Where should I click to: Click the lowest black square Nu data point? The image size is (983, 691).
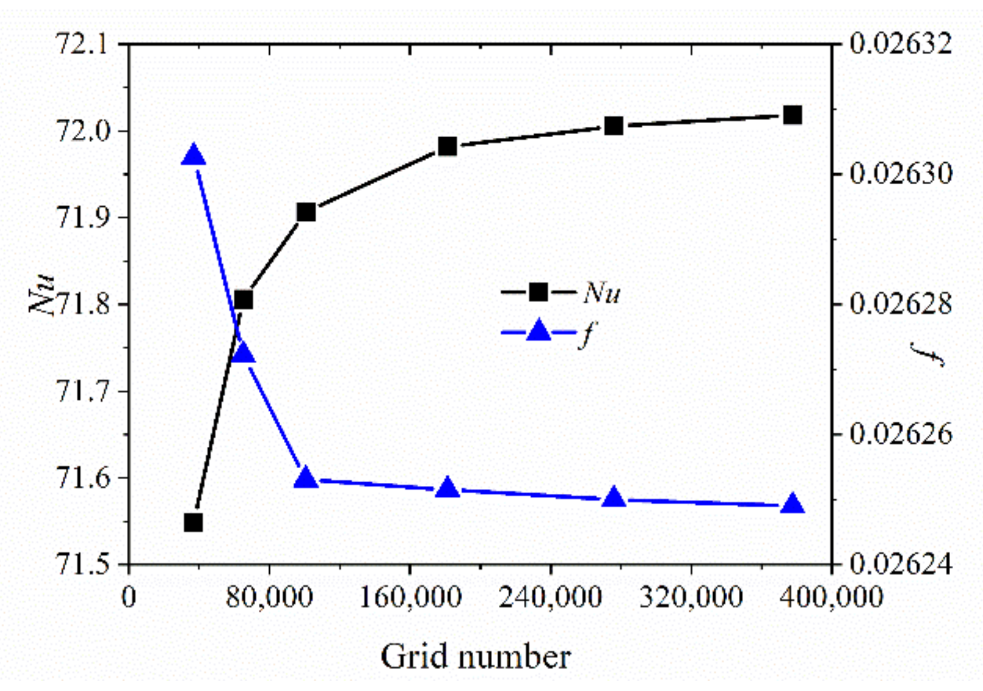tap(194, 522)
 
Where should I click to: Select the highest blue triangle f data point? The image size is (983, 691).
tap(194, 156)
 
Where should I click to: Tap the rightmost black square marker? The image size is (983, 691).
tap(793, 115)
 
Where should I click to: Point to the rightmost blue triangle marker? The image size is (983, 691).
tap(793, 505)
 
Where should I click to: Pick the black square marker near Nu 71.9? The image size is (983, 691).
tap(306, 212)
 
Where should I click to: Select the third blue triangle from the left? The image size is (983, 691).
tap(306, 478)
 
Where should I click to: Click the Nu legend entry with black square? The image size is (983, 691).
tap(561, 292)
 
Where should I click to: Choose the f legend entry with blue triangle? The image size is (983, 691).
tap(548, 332)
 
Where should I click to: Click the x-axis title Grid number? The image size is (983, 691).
tap(475, 657)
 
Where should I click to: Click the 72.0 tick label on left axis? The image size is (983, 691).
tap(83, 130)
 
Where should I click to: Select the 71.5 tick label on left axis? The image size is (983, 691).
tap(83, 564)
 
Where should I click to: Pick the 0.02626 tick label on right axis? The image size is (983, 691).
tap(901, 434)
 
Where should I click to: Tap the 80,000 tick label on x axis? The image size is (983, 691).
tap(269, 597)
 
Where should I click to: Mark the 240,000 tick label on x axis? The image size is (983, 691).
tap(550, 597)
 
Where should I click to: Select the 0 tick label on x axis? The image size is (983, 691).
tap(128, 597)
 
